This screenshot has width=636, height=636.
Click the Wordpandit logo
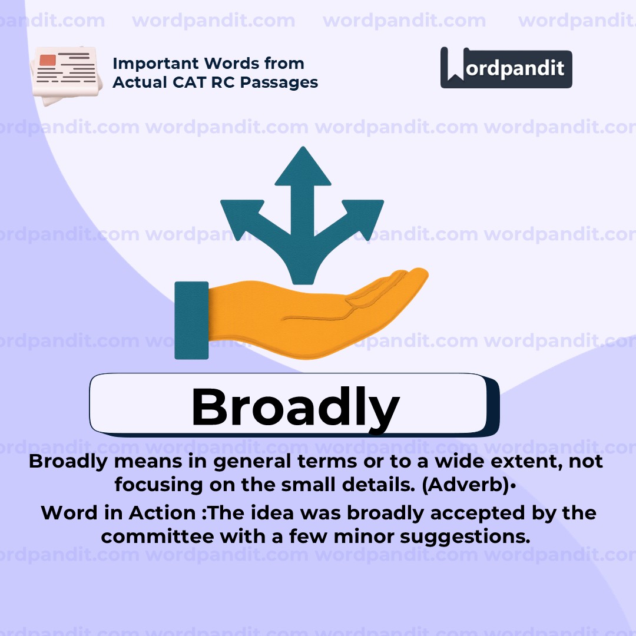[506, 68]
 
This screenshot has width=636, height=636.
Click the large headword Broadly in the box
[295, 406]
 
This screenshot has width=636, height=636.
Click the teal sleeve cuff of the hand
[191, 320]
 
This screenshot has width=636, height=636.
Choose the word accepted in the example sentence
[471, 513]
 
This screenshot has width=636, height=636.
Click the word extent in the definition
[524, 461]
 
